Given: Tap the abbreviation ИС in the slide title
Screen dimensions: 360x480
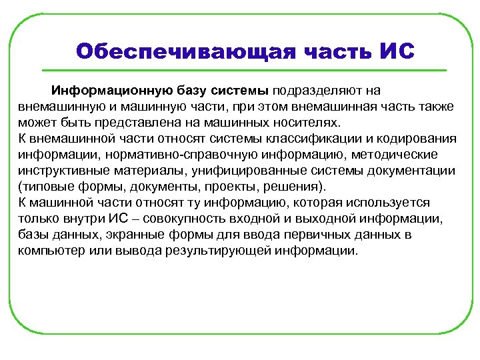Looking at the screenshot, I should (397, 51).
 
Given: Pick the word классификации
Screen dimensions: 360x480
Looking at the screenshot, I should (305, 139).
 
